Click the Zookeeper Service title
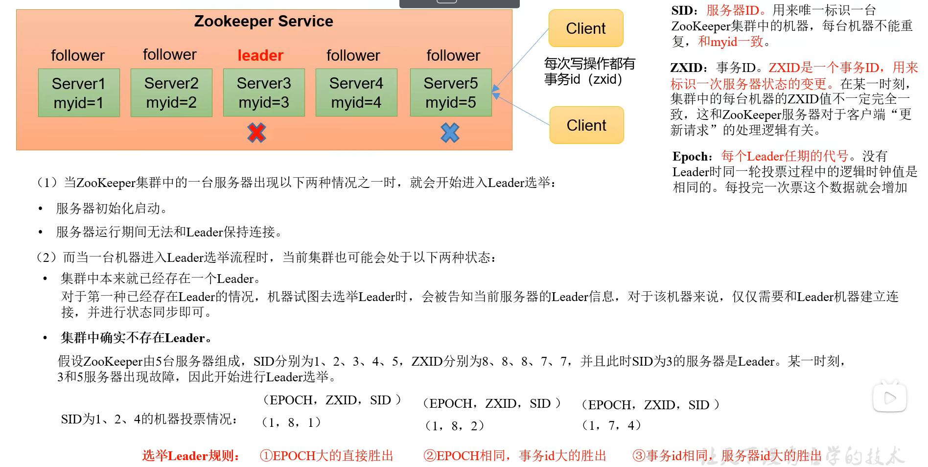tap(263, 22)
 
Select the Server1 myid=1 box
tap(79, 93)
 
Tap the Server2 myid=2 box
tap(171, 93)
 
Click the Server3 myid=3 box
tap(264, 93)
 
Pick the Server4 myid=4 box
tap(356, 93)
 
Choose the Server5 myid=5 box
tap(451, 93)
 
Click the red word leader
tap(260, 56)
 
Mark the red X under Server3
tap(256, 133)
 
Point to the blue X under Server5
tap(450, 133)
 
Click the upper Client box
tap(586, 28)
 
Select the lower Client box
tap(586, 125)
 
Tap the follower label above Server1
tap(78, 56)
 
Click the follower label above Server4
tap(353, 56)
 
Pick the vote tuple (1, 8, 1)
tap(291, 422)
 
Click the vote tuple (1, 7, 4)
tap(611, 425)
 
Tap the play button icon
tap(890, 398)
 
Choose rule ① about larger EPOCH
tap(326, 456)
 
